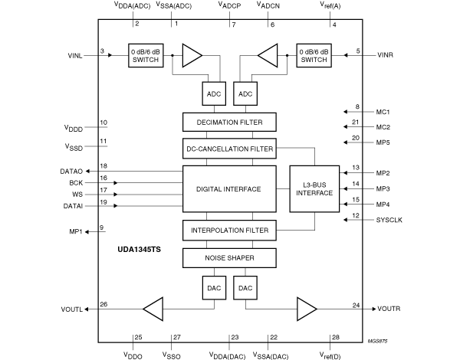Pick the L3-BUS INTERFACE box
click(314, 188)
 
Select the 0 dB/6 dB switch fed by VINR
click(314, 55)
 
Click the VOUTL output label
click(72, 309)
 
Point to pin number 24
click(356, 305)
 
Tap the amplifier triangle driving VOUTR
click(307, 309)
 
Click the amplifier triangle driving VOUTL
click(153, 309)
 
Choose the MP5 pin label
click(383, 142)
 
